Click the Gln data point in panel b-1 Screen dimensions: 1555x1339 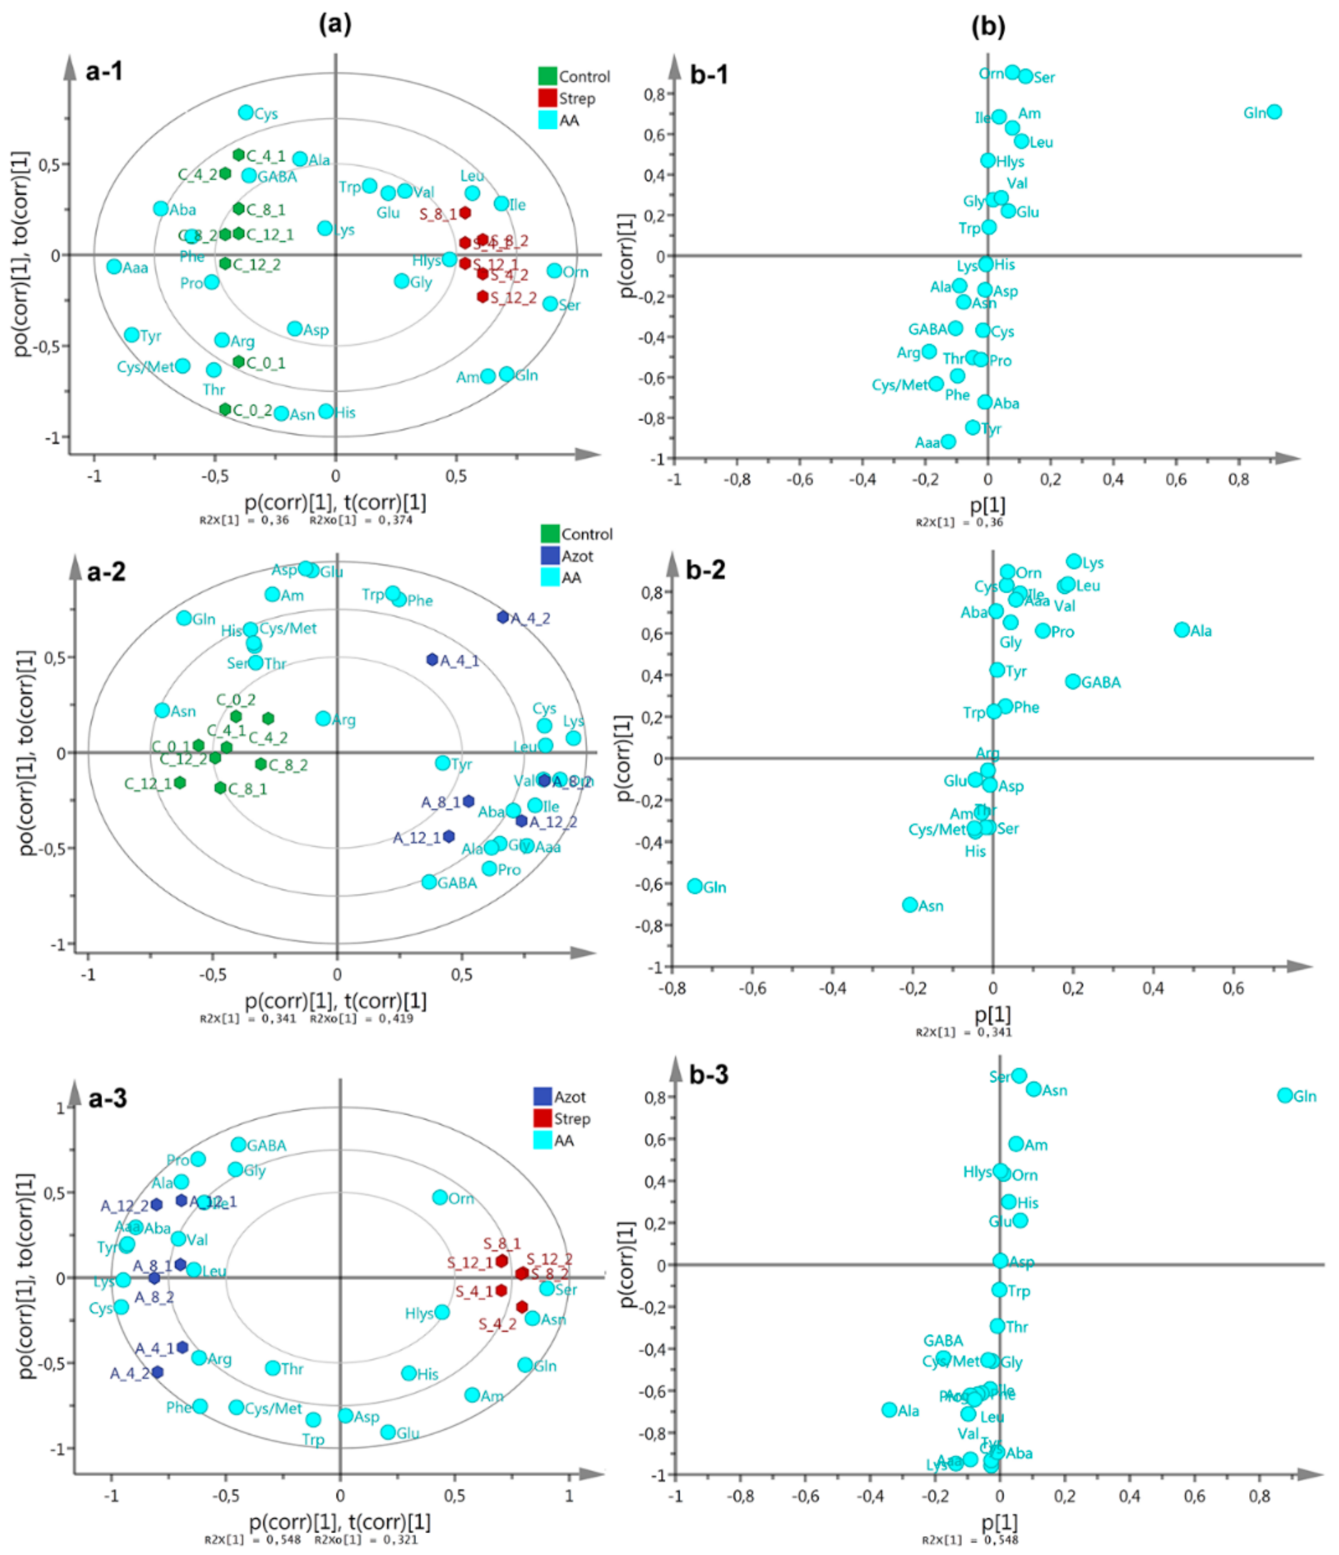[1273, 112]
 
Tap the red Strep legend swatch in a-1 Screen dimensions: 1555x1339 [548, 98]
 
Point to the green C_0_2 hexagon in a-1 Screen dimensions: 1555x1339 [225, 409]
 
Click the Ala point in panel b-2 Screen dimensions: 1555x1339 [1182, 630]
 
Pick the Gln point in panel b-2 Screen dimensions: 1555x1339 [695, 886]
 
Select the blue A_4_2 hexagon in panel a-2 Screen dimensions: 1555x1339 [503, 617]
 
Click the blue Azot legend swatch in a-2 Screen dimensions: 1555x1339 [550, 556]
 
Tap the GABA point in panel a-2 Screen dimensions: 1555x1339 [429, 882]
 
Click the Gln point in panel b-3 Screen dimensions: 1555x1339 [1285, 1095]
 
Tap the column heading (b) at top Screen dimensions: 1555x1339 [988, 26]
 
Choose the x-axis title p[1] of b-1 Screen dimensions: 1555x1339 [988, 505]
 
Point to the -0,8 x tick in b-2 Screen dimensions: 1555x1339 [671, 988]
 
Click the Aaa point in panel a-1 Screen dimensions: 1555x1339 [114, 266]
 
